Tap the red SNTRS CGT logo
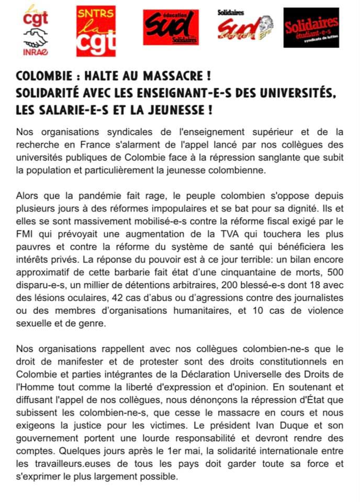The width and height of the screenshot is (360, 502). click(96, 31)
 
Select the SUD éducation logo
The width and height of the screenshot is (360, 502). click(171, 27)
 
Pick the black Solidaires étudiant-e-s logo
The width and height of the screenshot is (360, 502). click(311, 28)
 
